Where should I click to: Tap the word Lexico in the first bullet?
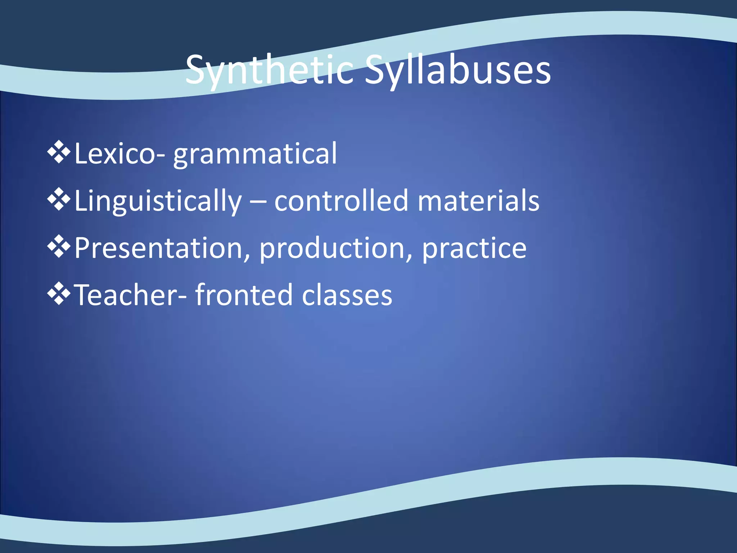pyautogui.click(x=115, y=154)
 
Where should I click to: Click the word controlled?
pyautogui.click(x=341, y=201)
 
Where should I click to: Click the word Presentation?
pyautogui.click(x=158, y=248)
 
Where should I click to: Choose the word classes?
pyautogui.click(x=347, y=296)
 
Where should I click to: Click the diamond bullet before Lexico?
pyautogui.click(x=59, y=153)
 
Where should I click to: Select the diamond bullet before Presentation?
pyautogui.click(x=59, y=247)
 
